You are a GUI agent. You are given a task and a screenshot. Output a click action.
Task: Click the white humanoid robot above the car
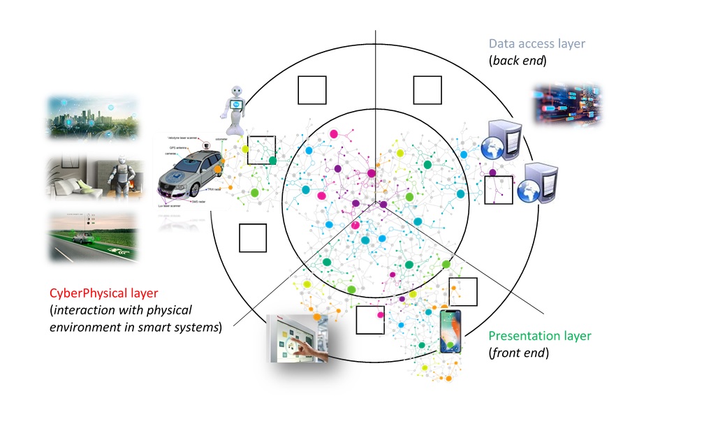(237, 110)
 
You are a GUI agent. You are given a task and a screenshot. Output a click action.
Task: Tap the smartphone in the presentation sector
(450, 332)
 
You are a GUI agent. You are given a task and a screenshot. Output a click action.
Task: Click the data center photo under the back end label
(568, 105)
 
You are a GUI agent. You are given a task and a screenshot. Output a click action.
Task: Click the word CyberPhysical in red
(83, 294)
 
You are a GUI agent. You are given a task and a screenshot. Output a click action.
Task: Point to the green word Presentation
(520, 337)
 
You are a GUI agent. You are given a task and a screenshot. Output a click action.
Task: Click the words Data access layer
(536, 44)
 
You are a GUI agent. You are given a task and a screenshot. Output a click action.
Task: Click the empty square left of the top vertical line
(312, 90)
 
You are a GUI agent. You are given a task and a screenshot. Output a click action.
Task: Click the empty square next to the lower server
(499, 190)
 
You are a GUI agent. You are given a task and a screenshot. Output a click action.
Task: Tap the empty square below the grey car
(253, 237)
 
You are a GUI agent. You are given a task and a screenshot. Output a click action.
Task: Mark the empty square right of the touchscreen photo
(370, 320)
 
